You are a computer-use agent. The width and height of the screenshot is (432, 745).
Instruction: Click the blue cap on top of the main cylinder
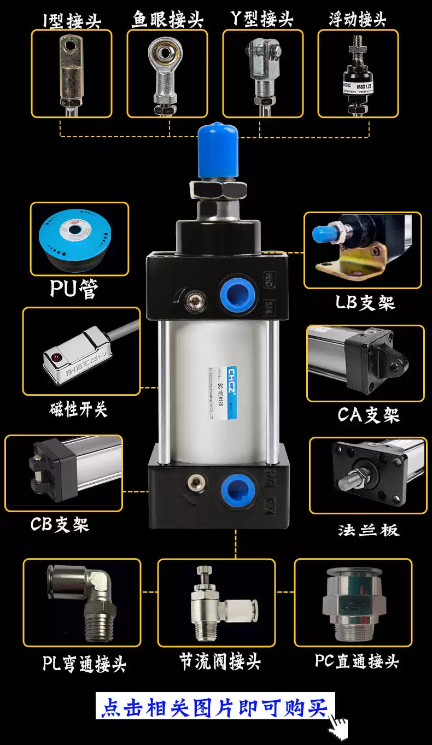(x=217, y=150)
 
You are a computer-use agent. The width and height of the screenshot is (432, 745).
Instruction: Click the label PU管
(x=74, y=288)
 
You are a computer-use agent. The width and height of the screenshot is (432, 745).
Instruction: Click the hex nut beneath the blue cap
(x=218, y=189)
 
